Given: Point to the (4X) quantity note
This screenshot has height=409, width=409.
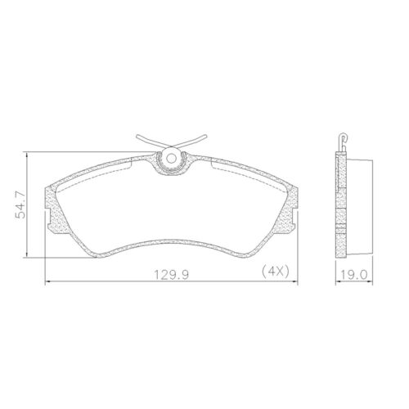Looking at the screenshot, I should pos(274,271).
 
